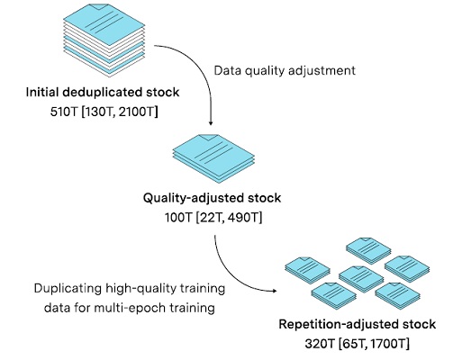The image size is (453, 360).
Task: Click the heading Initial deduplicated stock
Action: point(103,92)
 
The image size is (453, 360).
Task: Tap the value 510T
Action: point(64,112)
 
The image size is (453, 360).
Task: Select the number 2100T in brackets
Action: point(136,112)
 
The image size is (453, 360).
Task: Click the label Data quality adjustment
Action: point(285,70)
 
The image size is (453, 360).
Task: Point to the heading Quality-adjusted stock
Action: point(212,198)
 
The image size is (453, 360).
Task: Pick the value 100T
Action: point(178,218)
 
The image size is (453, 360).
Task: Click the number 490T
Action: point(243,218)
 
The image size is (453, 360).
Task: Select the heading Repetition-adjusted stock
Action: point(358,324)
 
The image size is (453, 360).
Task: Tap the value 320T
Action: point(319,344)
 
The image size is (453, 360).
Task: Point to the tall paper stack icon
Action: point(104,40)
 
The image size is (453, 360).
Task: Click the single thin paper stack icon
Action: point(213,158)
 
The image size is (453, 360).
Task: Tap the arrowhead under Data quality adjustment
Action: point(211,123)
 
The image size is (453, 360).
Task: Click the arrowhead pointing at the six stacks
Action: point(274,291)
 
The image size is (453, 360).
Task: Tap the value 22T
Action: point(212,218)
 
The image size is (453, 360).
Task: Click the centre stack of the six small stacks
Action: point(361,279)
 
